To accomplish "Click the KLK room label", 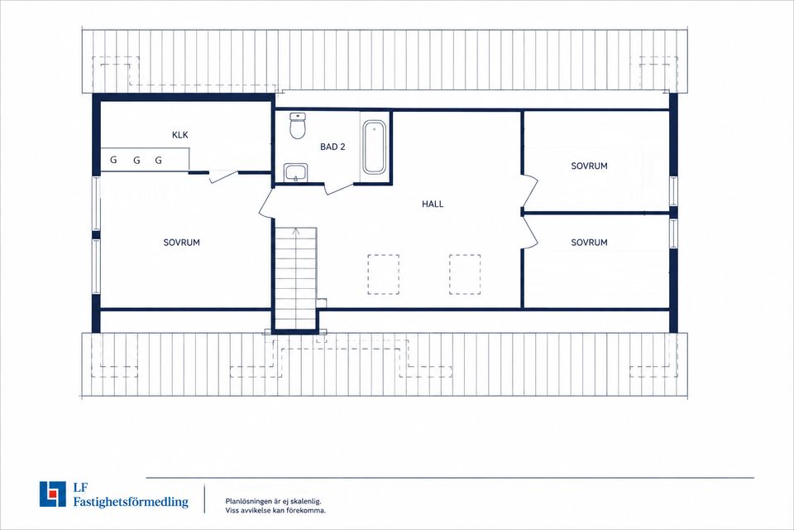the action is (x=179, y=135).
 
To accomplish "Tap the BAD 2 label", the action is (x=332, y=147).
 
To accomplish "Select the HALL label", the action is (x=433, y=204).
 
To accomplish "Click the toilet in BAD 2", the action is (x=298, y=126).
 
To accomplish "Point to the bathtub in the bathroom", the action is (x=374, y=147).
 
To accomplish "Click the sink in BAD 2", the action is (x=296, y=172).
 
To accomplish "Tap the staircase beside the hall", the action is (x=296, y=278).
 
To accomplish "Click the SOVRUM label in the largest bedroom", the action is (x=181, y=243).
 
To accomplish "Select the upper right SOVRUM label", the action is (x=589, y=166).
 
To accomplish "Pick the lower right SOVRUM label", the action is (x=589, y=243).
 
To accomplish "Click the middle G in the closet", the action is (x=136, y=161).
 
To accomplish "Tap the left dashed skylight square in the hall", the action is (x=383, y=274).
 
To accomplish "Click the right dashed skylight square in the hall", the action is (x=465, y=274).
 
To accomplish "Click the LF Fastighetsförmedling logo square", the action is (x=53, y=494).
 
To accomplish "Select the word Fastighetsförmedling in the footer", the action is (x=131, y=502).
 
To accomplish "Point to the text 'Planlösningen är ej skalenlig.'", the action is (x=274, y=501).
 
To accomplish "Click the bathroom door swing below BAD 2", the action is (x=338, y=189).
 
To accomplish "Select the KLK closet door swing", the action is (x=223, y=176).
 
